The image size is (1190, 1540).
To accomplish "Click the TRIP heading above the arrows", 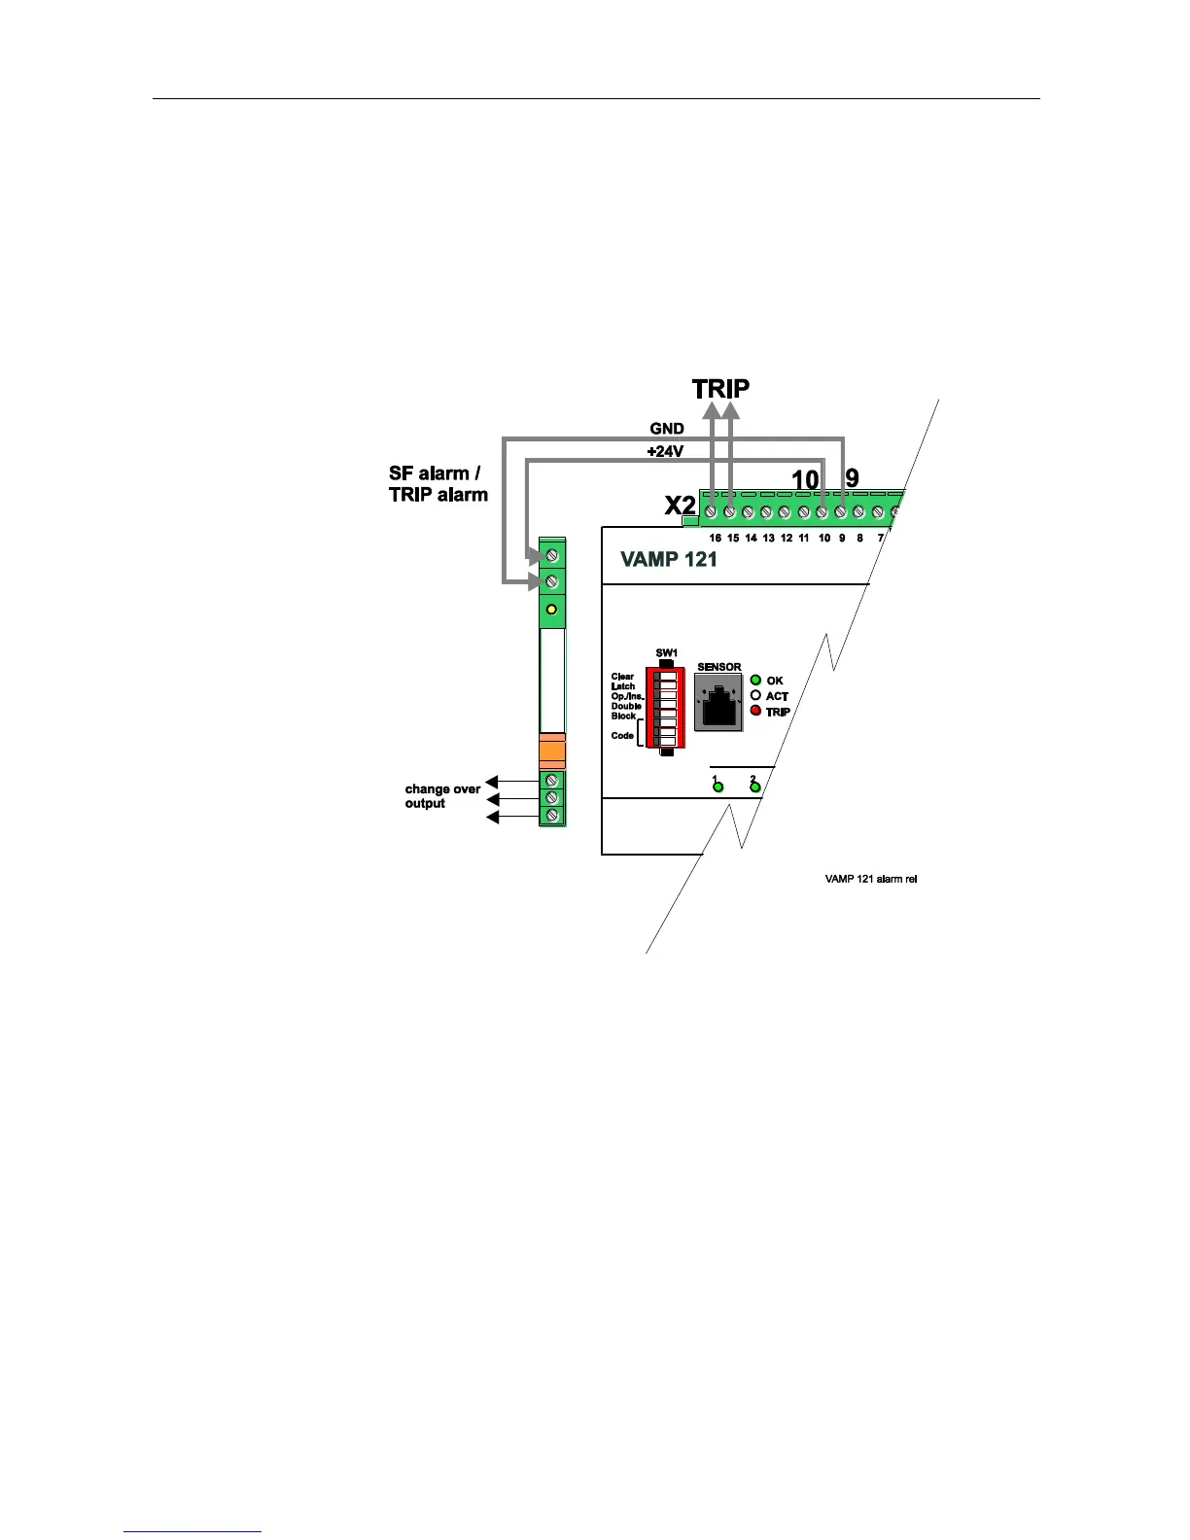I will [x=720, y=389].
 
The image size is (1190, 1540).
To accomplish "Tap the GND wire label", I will [x=667, y=429].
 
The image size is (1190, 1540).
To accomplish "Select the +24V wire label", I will [x=665, y=452].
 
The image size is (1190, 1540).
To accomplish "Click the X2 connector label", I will [x=680, y=507].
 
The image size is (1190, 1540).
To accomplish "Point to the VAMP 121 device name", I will [x=669, y=559].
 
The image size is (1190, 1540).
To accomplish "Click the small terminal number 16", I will [x=715, y=538].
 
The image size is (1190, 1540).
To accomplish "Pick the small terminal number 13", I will [x=768, y=538].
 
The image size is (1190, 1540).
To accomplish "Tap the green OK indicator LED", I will [x=755, y=680].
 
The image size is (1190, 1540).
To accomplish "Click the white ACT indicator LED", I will [x=755, y=695].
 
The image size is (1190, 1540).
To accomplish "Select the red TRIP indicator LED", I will [x=755, y=711].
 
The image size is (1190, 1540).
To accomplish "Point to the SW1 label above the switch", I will [x=666, y=652].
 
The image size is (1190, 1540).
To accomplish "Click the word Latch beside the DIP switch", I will [x=623, y=686].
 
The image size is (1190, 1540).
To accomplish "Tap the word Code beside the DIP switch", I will [x=622, y=736].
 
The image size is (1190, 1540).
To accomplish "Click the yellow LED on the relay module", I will [x=552, y=610].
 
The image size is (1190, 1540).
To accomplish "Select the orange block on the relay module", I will [x=552, y=752].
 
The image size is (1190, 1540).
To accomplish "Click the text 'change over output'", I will [x=442, y=796].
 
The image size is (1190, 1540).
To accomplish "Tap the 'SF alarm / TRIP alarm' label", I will [x=437, y=484].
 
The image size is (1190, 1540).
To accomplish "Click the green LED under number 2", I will [x=755, y=787].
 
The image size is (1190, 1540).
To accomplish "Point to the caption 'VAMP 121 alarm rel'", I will [x=871, y=879].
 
